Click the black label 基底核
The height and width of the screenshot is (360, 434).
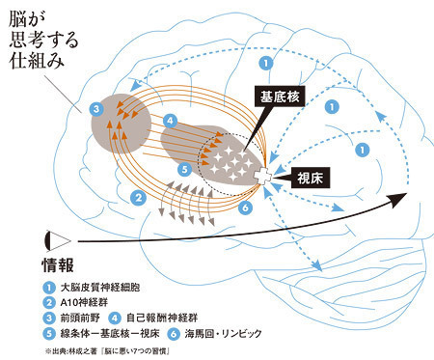[280, 97]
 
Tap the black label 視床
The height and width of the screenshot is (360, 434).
[311, 178]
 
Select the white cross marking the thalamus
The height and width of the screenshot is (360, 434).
[263, 177]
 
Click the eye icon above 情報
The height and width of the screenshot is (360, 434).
[58, 241]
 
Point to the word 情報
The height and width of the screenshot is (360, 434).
[58, 265]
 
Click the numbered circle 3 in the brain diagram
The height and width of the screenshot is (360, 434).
[96, 110]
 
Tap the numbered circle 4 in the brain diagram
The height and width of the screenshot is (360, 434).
[171, 121]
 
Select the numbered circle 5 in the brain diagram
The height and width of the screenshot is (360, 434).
[185, 170]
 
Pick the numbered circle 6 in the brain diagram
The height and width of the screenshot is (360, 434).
[245, 208]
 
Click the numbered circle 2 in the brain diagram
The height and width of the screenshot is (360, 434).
[139, 198]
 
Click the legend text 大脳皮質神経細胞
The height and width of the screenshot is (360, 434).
[100, 287]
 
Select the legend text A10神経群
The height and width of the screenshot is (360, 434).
[84, 302]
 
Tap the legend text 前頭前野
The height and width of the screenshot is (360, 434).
[80, 318]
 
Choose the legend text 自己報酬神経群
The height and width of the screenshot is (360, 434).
[162, 318]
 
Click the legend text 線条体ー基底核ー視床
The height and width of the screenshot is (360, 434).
[110, 333]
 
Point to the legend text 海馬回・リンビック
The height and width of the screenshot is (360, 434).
[223, 334]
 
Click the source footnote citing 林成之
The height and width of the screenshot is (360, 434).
[108, 350]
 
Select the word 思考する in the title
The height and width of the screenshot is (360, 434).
[44, 41]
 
